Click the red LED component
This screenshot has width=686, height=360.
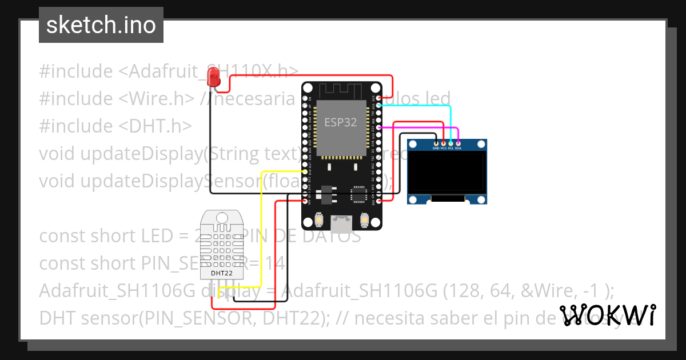(x=214, y=77)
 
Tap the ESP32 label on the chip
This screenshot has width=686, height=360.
(x=341, y=122)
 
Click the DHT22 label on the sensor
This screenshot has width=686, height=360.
(x=221, y=273)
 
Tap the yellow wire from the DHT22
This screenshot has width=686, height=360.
(x=261, y=229)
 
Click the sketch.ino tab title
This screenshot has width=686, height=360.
(x=101, y=25)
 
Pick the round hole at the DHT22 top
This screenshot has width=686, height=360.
(x=221, y=217)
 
